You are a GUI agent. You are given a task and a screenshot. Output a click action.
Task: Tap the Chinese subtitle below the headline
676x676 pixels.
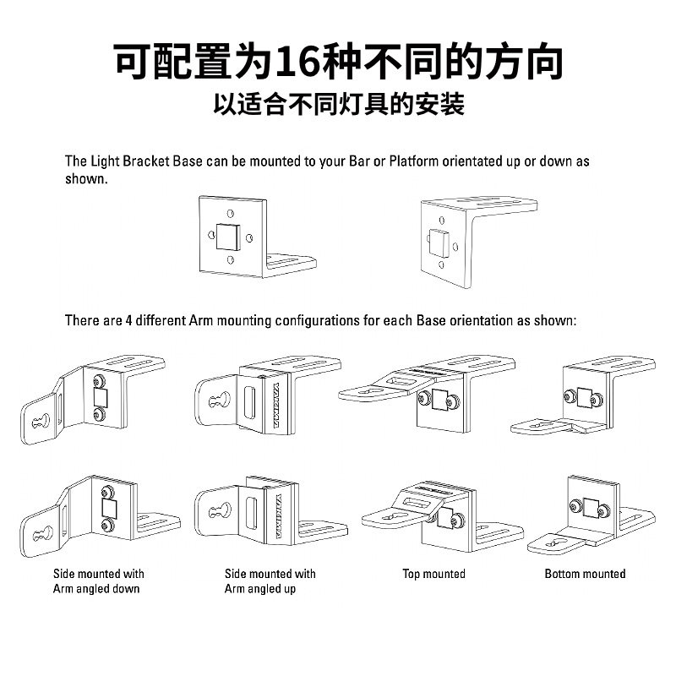(338, 105)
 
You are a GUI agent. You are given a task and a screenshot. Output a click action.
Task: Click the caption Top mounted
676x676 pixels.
(433, 575)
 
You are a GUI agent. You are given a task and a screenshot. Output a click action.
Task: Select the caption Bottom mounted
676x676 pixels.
(585, 575)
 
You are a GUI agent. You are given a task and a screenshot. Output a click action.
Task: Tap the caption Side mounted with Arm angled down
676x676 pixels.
(98, 581)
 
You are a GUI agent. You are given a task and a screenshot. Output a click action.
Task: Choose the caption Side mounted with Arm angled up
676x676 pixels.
(270, 581)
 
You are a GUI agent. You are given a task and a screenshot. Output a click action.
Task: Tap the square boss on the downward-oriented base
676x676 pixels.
(439, 243)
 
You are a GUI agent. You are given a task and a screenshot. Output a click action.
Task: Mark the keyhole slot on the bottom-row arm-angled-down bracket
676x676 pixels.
(43, 533)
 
